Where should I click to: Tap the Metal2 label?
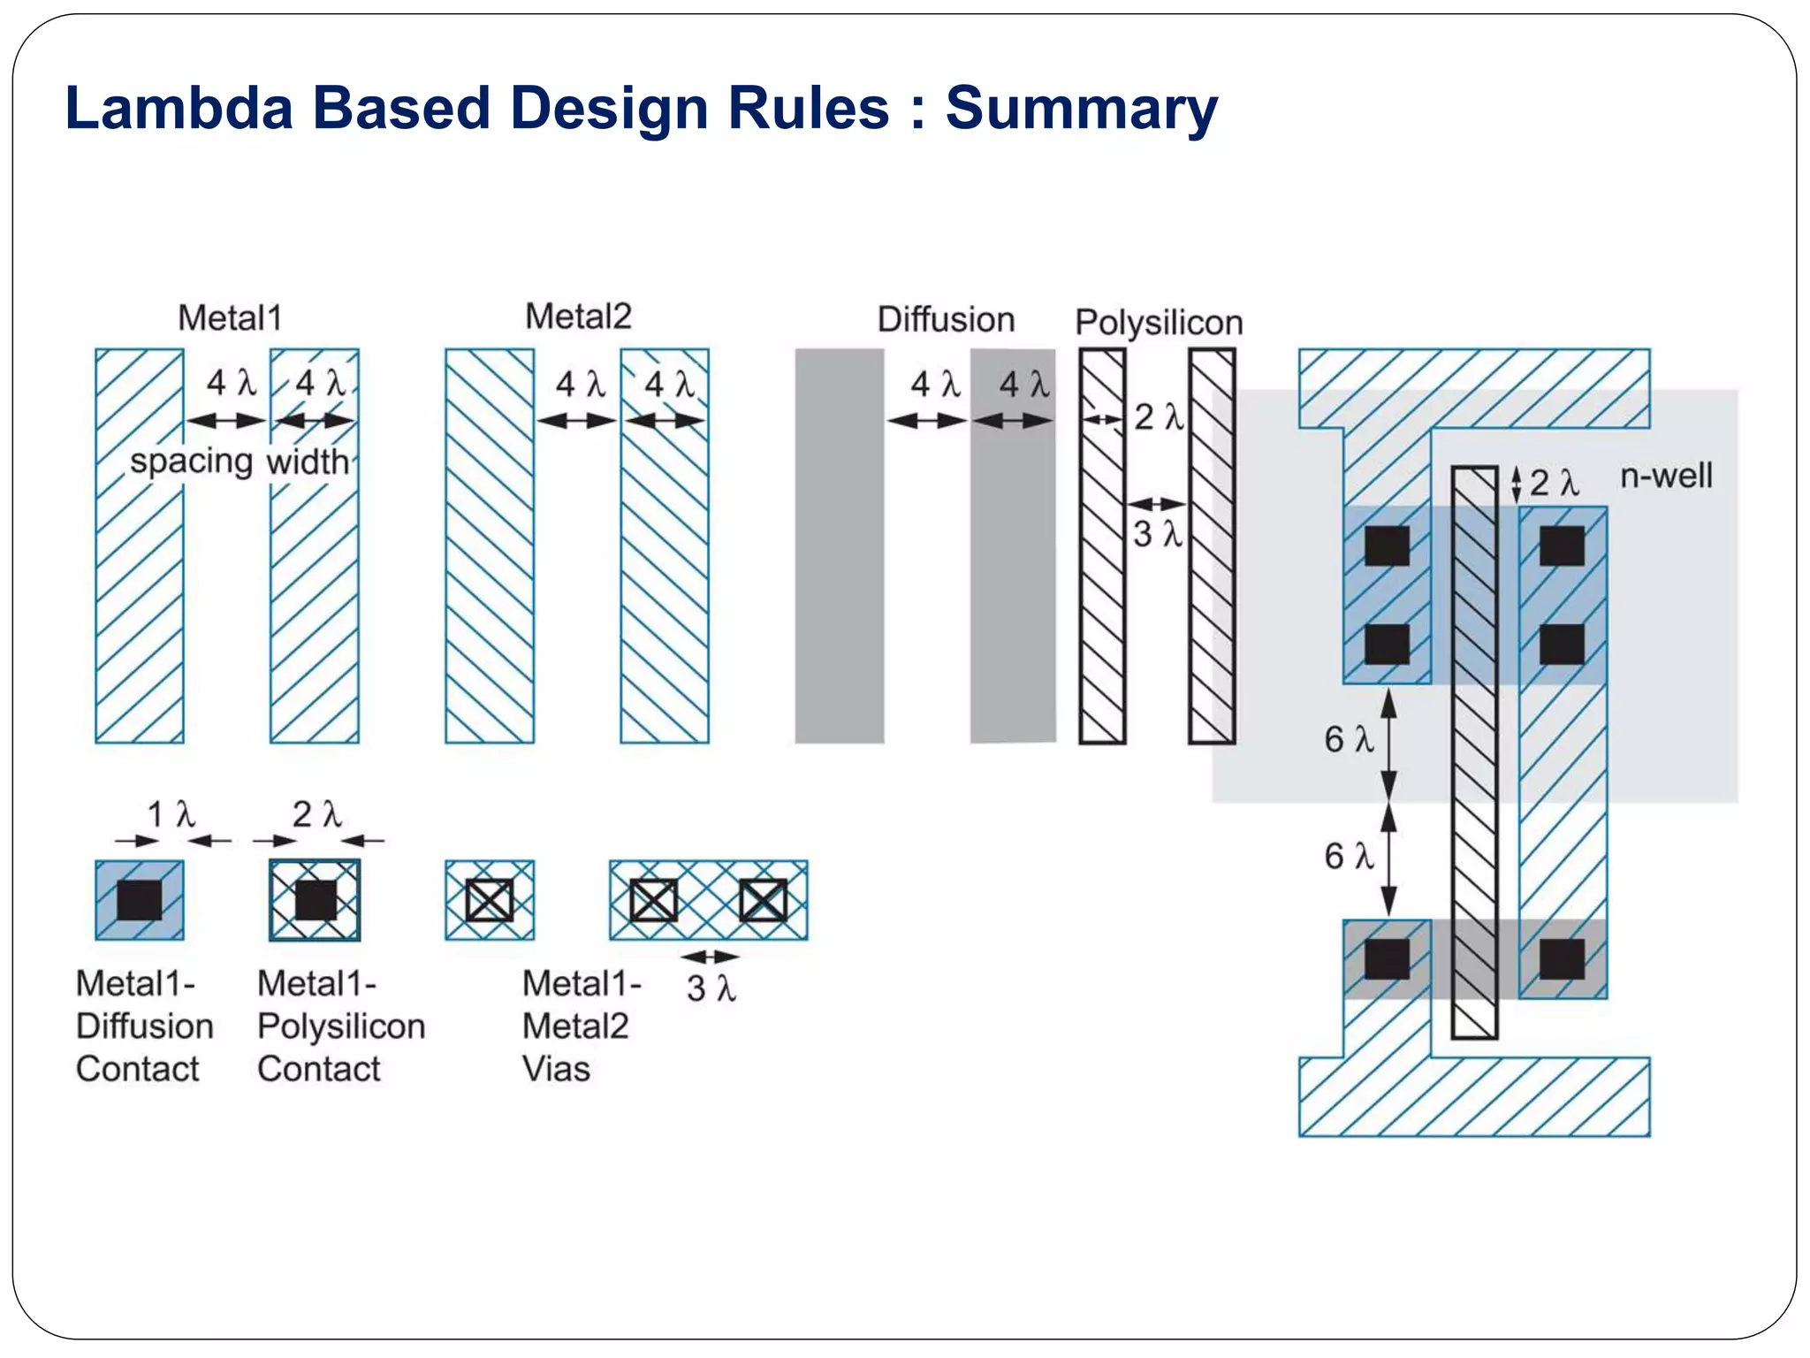(x=579, y=317)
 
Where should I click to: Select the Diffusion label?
(x=946, y=320)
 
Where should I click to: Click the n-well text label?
(x=1666, y=476)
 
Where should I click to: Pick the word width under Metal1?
(x=308, y=462)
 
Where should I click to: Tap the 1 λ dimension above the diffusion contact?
(x=171, y=814)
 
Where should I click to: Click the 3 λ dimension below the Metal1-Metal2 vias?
(x=711, y=988)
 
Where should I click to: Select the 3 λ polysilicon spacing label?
(x=1158, y=534)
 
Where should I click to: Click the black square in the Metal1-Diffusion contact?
(x=140, y=900)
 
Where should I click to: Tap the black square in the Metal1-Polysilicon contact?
(x=316, y=900)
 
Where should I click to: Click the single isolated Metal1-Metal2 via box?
(x=490, y=900)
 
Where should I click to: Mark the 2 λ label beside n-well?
(x=1554, y=483)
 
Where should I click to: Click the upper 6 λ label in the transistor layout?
(x=1349, y=739)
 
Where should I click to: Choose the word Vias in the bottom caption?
(x=556, y=1069)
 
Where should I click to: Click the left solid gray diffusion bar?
(x=840, y=545)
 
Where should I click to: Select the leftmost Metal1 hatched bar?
(x=140, y=545)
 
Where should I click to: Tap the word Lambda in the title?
(x=179, y=108)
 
